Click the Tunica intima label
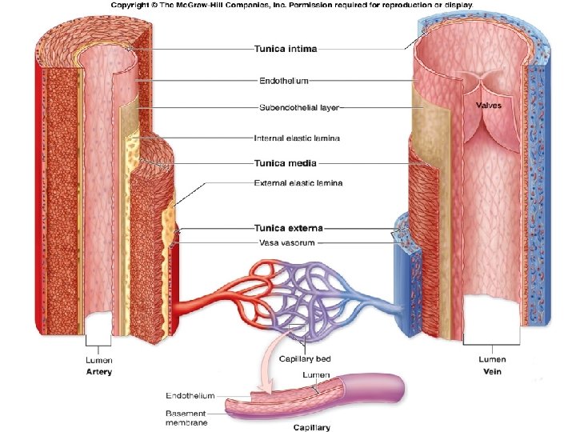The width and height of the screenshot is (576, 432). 286,49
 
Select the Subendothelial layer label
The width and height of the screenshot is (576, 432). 300,106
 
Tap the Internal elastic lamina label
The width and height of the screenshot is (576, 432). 296,138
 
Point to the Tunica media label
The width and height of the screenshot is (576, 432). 285,163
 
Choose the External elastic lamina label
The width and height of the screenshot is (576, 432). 298,183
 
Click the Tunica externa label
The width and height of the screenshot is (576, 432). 288,228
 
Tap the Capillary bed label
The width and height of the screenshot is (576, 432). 306,358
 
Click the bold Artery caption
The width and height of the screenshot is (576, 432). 99,371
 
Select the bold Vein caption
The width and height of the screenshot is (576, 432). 492,371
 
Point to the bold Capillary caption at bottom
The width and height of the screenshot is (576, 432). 312,427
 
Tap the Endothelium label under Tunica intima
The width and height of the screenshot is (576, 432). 284,81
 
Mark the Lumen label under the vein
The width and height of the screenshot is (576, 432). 492,359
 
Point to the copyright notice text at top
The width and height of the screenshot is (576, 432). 292,5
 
